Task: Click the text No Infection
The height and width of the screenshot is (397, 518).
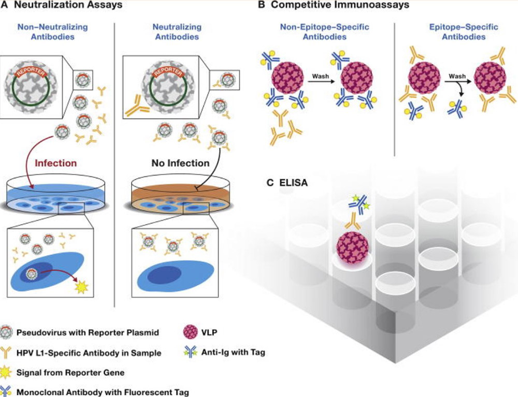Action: pos(180,163)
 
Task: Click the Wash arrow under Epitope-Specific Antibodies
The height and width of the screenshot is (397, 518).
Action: pos(454,82)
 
